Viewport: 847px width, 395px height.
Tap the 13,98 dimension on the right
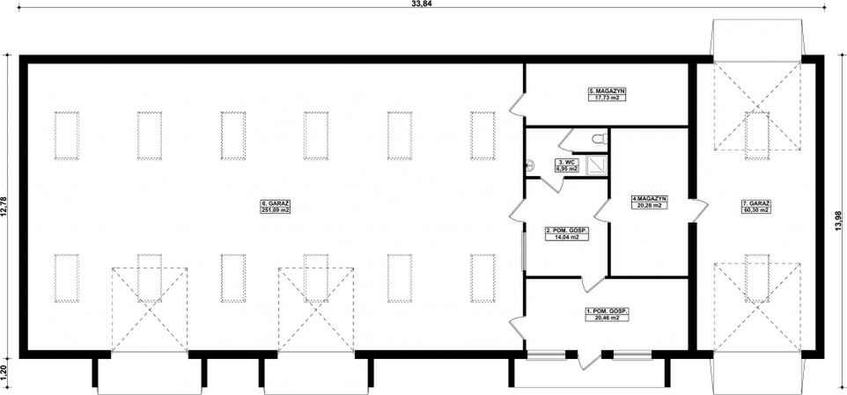pos(836,212)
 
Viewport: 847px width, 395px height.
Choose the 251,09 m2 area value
pos(276,210)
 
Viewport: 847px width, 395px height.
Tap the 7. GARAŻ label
pos(755,203)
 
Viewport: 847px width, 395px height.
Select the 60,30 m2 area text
pos(755,210)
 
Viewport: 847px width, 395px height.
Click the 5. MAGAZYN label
pos(607,91)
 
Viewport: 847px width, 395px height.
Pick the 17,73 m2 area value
pos(607,98)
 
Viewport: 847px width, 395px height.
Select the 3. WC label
pos(565,162)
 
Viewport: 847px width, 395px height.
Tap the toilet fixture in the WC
pos(599,138)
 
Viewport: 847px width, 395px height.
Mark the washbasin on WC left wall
pos(530,163)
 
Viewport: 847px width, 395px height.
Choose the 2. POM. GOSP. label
pos(566,230)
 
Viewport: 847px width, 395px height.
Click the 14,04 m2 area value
pos(566,238)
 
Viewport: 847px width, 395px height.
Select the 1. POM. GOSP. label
pos(607,311)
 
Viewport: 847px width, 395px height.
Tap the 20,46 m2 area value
pos(607,318)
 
